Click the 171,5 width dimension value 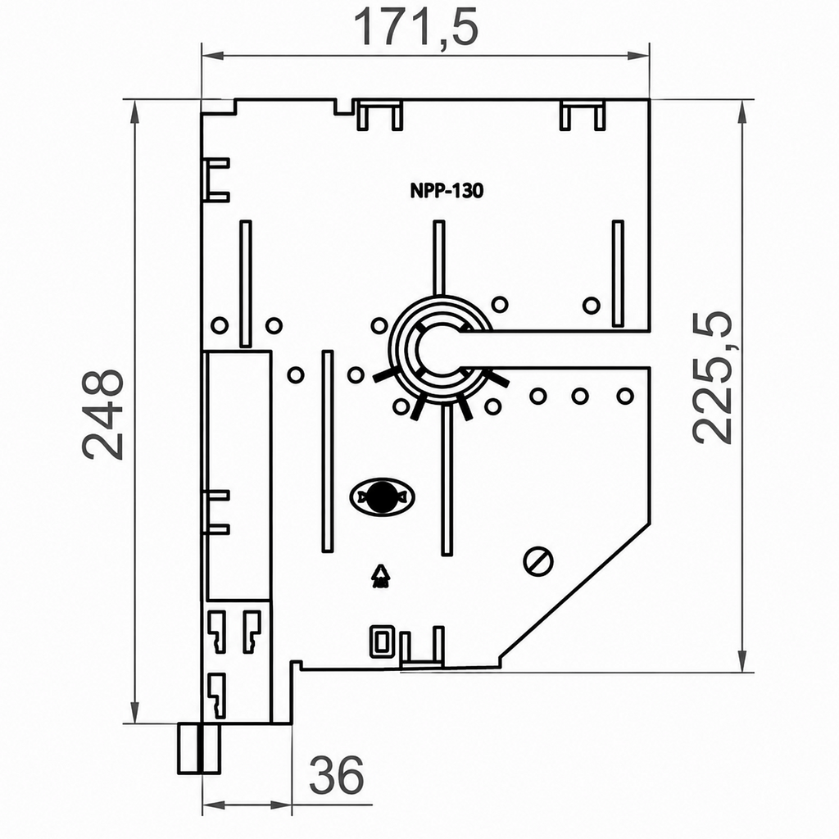tap(415, 28)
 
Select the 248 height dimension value tap(102, 414)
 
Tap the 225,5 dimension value tap(712, 377)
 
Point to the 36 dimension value tap(337, 775)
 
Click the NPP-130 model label tap(447, 190)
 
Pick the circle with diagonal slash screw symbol tap(537, 561)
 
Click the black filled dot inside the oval tap(382, 497)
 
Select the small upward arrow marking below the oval tap(380, 576)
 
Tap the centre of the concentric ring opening tap(439, 349)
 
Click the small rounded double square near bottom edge tap(382, 641)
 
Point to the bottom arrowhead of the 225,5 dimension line tap(741, 661)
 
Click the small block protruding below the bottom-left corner tap(199, 748)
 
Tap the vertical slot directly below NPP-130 tap(439, 257)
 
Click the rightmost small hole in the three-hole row tap(625, 397)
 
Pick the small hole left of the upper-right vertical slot tap(592, 306)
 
